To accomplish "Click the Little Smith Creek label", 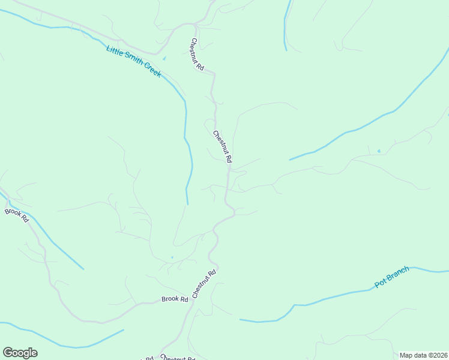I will [x=134, y=61].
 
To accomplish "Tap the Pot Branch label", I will [x=392, y=277].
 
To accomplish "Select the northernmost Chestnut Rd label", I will [x=197, y=55].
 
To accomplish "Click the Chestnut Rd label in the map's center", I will [x=222, y=147].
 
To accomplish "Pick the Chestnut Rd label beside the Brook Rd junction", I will [x=204, y=284].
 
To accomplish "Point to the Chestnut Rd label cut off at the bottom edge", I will [x=178, y=358].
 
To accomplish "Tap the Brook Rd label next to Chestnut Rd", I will [x=175, y=299].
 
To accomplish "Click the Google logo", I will [x=20, y=353].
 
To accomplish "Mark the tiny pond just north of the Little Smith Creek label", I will [x=164, y=58].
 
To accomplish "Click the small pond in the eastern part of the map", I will [x=378, y=151].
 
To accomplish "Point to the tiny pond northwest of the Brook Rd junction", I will [x=172, y=258].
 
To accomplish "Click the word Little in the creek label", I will [x=115, y=50].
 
